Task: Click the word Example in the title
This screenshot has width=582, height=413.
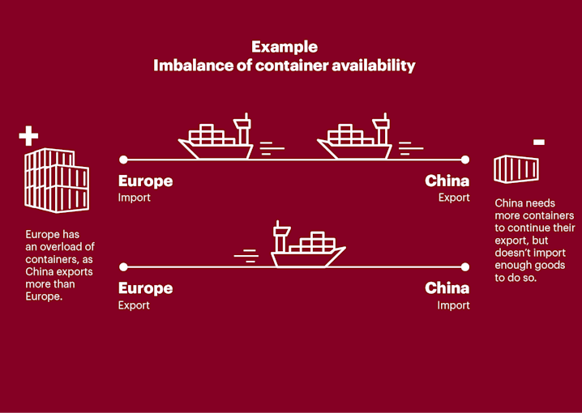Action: pos(284,47)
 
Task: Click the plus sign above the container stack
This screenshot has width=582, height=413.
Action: pos(28,136)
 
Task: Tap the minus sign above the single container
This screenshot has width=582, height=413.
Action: pos(539,143)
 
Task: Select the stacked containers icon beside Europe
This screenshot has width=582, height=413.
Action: pos(55,181)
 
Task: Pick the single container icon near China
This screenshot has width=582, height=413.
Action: pos(517,169)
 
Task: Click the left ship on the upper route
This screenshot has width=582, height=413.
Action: pos(217,138)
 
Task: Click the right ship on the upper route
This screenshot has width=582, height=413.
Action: pos(356,138)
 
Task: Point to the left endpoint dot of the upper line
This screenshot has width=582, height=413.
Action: pos(123,160)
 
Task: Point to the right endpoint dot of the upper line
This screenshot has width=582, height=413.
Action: pos(465,160)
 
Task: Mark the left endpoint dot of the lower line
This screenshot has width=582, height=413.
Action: pos(123,266)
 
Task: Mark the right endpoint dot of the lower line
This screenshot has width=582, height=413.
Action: pos(465,266)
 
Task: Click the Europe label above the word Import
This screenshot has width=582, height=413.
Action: pos(146,181)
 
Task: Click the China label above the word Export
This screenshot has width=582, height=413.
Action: pos(447,181)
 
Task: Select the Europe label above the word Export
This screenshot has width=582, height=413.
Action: pos(146,288)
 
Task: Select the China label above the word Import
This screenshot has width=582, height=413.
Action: pos(447,288)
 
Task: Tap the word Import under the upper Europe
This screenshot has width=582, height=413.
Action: pos(135,198)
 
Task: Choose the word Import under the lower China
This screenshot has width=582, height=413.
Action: pos(453,305)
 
